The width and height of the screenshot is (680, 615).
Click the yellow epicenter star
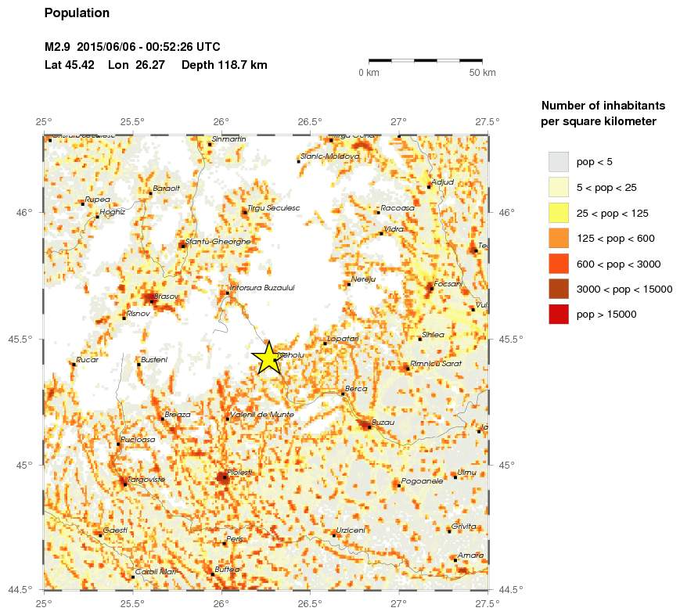[268, 358]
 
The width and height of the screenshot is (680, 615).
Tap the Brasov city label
[167, 297]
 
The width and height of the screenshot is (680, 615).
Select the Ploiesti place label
[240, 473]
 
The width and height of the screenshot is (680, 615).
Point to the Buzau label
[383, 422]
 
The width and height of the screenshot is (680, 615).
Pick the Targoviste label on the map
[145, 479]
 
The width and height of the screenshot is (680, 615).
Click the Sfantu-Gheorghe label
[218, 242]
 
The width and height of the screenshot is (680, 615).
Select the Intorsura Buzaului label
[262, 288]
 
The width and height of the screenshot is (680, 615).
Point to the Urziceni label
[351, 530]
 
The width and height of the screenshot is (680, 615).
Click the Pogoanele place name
[423, 481]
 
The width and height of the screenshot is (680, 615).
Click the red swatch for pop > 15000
[558, 314]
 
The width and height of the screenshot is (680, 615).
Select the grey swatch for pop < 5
[558, 162]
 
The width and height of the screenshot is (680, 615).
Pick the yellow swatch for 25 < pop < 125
[558, 213]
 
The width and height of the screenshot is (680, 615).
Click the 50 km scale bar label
[482, 73]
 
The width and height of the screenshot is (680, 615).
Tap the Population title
[77, 13]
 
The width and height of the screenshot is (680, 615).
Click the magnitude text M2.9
[58, 47]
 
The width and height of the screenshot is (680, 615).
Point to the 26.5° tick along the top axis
[310, 121]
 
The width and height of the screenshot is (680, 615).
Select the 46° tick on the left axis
[27, 212]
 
